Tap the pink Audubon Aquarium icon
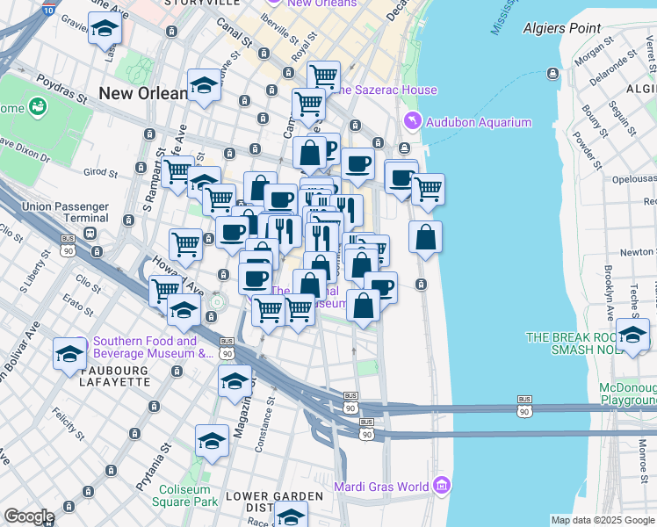tap(410, 121)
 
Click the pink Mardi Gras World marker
tap(441, 486)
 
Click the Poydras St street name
tap(61, 88)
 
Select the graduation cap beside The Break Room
tap(632, 335)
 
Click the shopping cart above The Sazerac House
tap(323, 76)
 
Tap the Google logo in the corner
tap(28, 516)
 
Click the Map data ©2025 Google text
tap(603, 520)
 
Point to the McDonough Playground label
tap(627, 393)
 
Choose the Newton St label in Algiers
tap(637, 251)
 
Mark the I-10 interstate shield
tap(47, 10)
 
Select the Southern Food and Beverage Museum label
tap(145, 348)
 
